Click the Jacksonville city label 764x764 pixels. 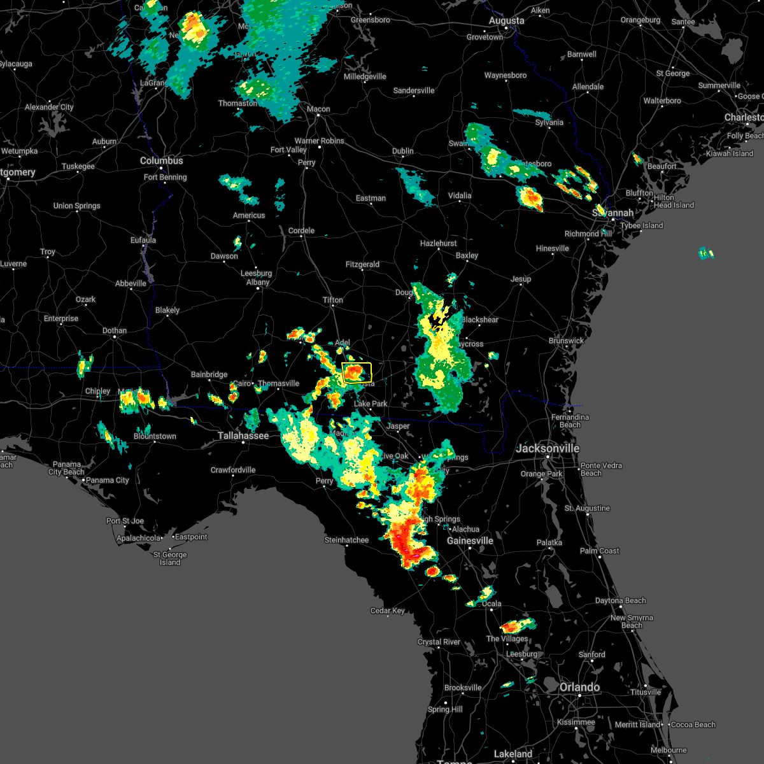coord(548,448)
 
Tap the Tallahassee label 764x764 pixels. coord(243,435)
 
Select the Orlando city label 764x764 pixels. coord(579,687)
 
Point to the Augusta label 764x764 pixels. coord(507,21)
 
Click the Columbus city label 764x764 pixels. coord(162,161)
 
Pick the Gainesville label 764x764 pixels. coord(470,541)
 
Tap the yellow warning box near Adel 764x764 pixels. coord(357,372)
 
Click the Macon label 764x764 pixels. coord(318,109)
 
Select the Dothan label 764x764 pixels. coord(115,330)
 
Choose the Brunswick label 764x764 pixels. coord(566,341)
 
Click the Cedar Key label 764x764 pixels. coord(388,611)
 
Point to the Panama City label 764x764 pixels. coord(107,480)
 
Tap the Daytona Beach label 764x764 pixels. coord(620,600)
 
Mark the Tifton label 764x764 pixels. coord(332,300)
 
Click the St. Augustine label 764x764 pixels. coord(587,508)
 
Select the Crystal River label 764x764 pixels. coord(439,642)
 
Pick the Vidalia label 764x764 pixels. coord(460,195)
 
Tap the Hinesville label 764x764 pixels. coord(552,248)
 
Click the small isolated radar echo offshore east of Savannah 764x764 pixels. coord(706,253)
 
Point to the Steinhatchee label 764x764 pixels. coord(346,540)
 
